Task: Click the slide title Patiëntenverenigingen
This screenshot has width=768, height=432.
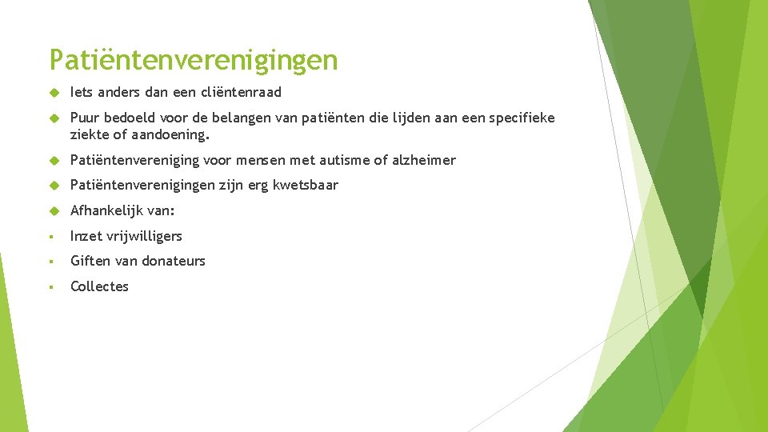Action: pyautogui.click(x=194, y=59)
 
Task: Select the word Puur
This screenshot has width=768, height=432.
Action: pyautogui.click(x=85, y=118)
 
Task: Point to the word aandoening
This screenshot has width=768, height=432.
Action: pyautogui.click(x=170, y=135)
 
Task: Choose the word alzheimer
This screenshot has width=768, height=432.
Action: pyautogui.click(x=424, y=160)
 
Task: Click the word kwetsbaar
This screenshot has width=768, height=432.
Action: pyautogui.click(x=306, y=185)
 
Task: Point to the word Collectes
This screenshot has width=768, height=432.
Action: pyautogui.click(x=99, y=286)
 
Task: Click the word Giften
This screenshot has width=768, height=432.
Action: pyautogui.click(x=90, y=261)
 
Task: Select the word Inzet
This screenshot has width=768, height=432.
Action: pyautogui.click(x=86, y=236)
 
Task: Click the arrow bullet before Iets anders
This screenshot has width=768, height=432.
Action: pyautogui.click(x=54, y=93)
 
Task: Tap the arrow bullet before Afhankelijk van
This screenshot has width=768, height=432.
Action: pyautogui.click(x=54, y=210)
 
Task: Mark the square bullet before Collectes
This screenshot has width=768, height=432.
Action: pyautogui.click(x=51, y=287)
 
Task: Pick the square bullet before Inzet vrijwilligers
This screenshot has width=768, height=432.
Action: pyautogui.click(x=51, y=237)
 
